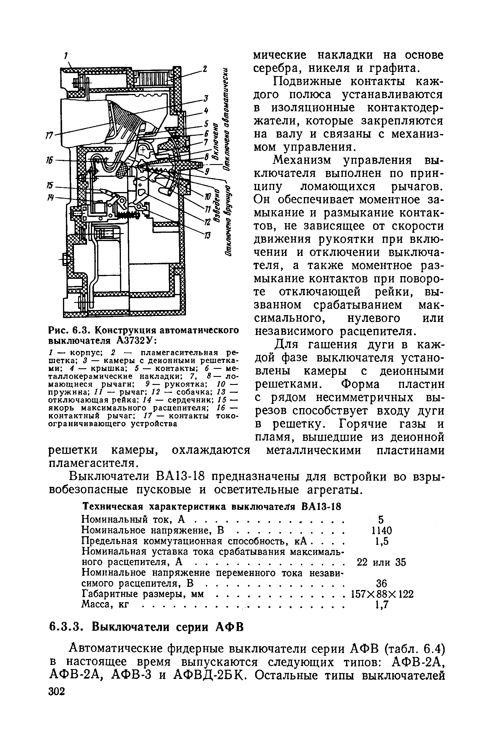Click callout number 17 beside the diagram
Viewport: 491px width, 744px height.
click(49, 135)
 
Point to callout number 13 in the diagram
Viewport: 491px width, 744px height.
click(208, 235)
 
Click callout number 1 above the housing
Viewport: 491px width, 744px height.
click(66, 56)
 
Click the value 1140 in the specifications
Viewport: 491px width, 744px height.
click(381, 530)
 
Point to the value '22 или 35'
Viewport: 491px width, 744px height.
click(381, 562)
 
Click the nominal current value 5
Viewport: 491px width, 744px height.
click(381, 520)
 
